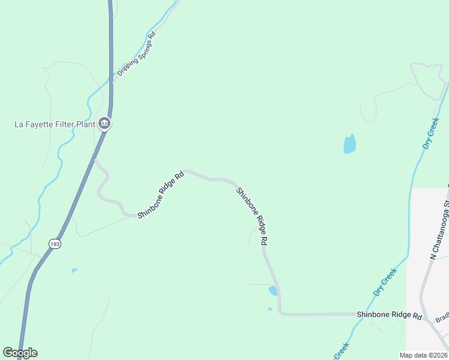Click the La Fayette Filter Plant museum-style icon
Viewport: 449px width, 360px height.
(x=104, y=124)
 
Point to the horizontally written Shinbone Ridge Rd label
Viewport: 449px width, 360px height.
(x=390, y=315)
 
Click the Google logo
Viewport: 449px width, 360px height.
(x=20, y=352)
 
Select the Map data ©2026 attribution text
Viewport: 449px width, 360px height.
(x=423, y=355)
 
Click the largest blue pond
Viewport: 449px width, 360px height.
(x=349, y=144)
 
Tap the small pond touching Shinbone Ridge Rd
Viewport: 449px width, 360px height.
(x=273, y=291)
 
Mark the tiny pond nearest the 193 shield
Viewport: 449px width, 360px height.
(x=74, y=271)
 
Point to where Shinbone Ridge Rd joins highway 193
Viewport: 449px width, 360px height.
(x=95, y=160)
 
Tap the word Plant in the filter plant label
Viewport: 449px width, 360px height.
(x=84, y=125)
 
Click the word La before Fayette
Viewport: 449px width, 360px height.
(x=19, y=125)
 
